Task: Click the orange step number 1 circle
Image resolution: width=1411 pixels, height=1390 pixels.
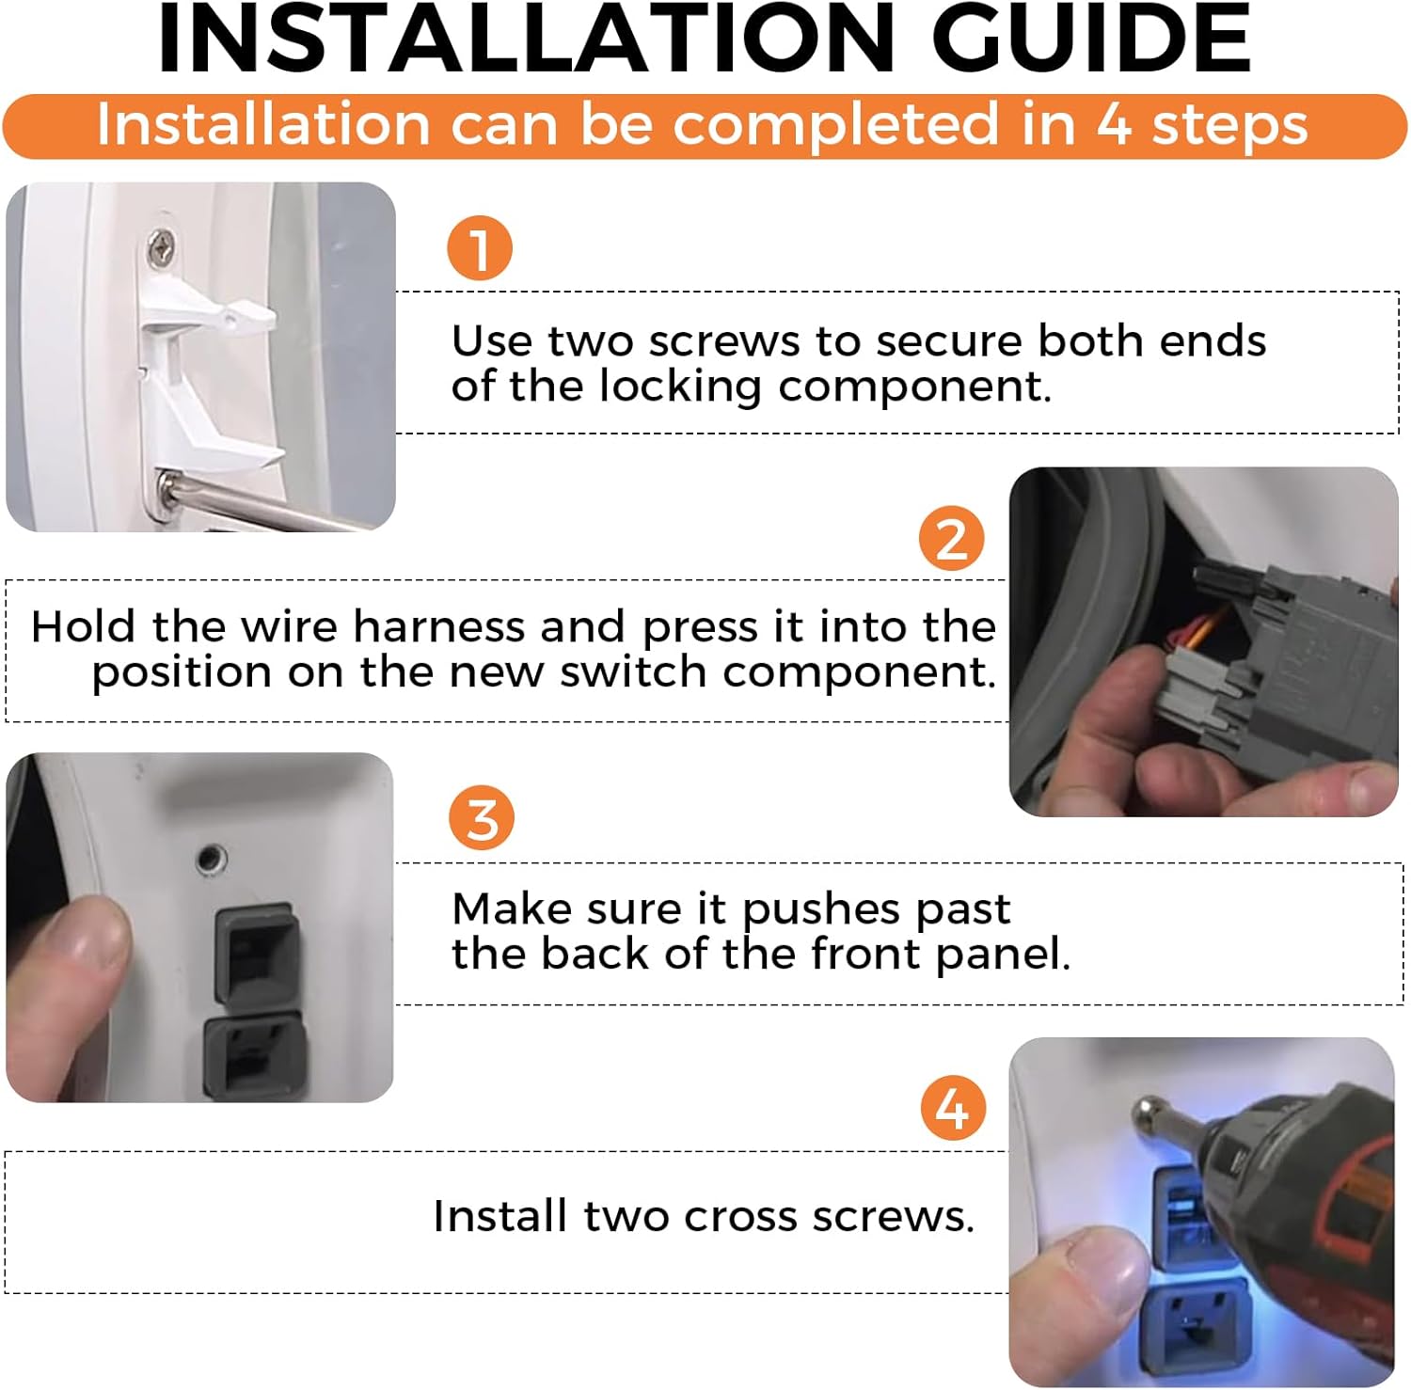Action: pos(480,248)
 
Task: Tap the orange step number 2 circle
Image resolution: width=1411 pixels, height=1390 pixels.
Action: pos(952,538)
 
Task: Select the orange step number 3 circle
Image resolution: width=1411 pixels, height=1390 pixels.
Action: pos(482,817)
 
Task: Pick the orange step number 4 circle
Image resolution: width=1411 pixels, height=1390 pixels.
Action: pos(953,1107)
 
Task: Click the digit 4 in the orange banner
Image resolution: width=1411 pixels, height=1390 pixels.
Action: pos(1114,125)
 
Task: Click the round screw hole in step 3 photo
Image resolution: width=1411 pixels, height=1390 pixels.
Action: pos(212,858)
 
